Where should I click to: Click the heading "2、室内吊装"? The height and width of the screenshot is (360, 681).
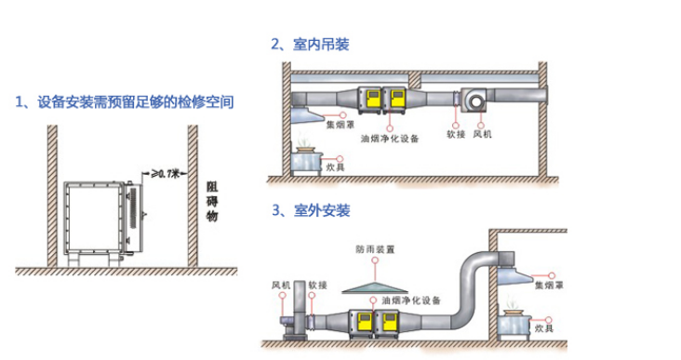(310, 44)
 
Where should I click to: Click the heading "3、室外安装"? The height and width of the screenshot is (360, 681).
(310, 210)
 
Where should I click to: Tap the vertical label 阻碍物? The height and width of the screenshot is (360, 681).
(211, 201)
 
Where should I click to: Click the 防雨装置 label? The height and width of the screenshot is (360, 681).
(374, 249)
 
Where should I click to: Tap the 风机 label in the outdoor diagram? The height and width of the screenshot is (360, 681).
(280, 284)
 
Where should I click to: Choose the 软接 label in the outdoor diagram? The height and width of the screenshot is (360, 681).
(316, 284)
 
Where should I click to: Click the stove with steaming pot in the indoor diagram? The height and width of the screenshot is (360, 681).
(305, 157)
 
